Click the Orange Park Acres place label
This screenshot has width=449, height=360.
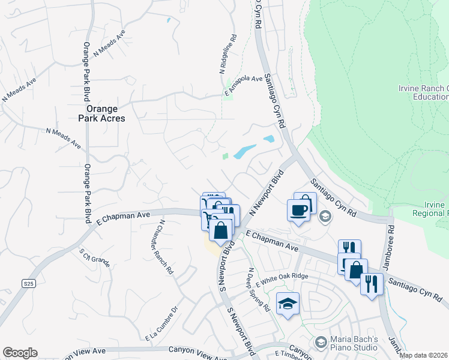[x=105, y=113]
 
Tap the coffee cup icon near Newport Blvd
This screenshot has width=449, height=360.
[x=298, y=210]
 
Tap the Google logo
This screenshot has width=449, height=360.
[x=20, y=353]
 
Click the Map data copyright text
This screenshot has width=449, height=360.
[x=424, y=355]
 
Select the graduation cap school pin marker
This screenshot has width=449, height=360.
[x=288, y=304]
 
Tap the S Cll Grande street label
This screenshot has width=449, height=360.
[x=95, y=257]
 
